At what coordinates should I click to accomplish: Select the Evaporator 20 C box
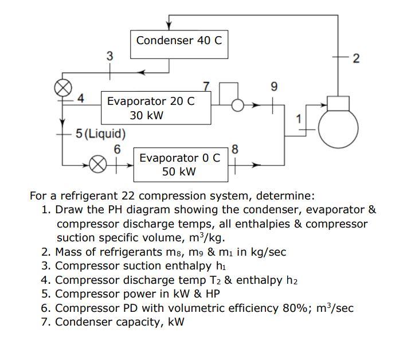click(155, 107)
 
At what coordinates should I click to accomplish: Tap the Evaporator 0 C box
click(180, 164)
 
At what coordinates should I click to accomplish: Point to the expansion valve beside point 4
click(62, 88)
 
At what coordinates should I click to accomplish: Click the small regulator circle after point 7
click(236, 105)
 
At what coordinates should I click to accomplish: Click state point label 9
click(273, 88)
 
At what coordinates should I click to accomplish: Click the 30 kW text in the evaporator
click(147, 115)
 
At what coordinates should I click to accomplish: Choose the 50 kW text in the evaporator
click(179, 171)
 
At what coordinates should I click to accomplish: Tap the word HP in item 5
click(211, 294)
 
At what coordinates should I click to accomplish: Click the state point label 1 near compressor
click(297, 118)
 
